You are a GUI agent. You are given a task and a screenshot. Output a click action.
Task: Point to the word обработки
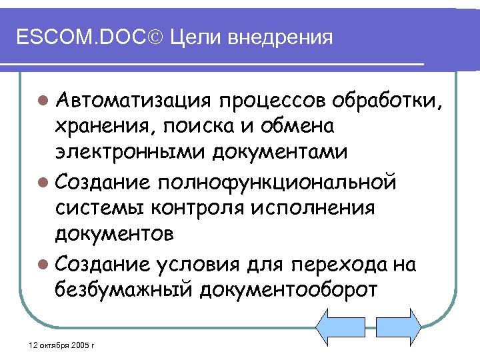[387, 101]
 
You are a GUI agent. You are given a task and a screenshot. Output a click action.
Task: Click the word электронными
[131, 151]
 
